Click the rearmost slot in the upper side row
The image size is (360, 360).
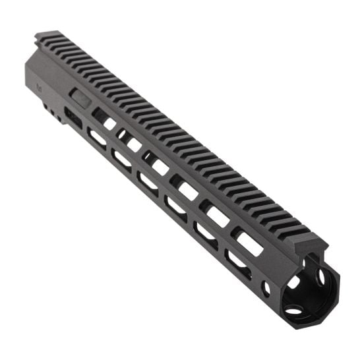103,118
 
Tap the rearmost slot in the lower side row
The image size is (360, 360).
98,137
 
